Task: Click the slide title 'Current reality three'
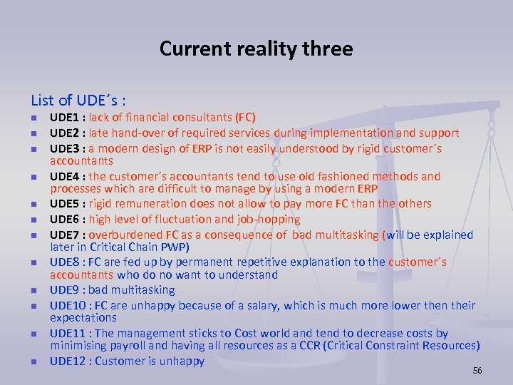(x=256, y=48)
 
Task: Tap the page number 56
(x=477, y=371)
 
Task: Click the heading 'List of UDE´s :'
(x=78, y=100)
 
